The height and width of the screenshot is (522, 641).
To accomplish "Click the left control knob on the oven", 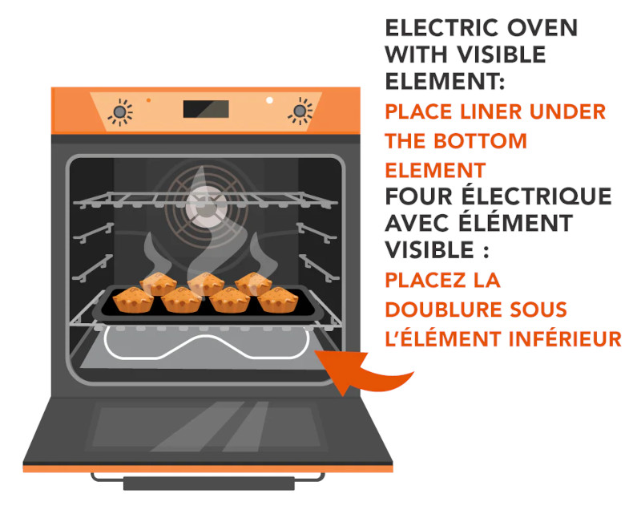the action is click(119, 111).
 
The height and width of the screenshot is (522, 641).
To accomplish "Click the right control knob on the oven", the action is click(300, 111).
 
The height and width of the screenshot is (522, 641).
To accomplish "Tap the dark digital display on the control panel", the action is click(206, 109).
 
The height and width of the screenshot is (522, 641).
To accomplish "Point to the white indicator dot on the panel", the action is click(269, 99).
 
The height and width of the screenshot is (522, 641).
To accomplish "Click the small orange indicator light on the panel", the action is click(148, 99).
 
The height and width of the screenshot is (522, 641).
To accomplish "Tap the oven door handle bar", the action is click(209, 484).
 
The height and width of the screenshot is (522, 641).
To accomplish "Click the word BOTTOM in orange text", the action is click(480, 141).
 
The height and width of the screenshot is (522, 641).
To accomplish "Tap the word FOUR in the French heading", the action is click(418, 196).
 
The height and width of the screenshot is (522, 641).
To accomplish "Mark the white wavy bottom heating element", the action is click(207, 344).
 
